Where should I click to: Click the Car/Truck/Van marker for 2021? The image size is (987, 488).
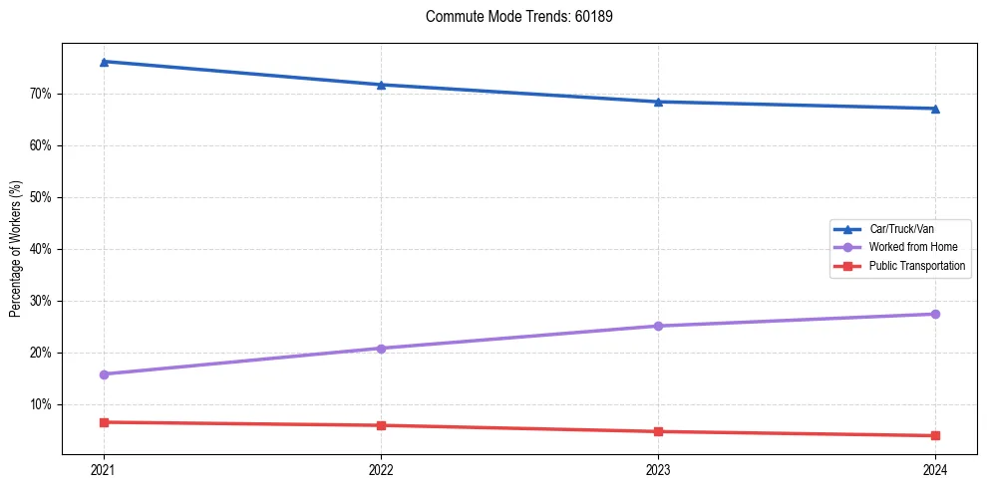click(104, 62)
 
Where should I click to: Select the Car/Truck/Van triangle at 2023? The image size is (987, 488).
click(658, 102)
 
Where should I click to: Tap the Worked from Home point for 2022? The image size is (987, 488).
click(381, 349)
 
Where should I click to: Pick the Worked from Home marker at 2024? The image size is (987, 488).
click(935, 315)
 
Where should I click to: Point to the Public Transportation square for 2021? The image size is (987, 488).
click(104, 422)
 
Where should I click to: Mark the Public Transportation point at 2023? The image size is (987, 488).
click(658, 431)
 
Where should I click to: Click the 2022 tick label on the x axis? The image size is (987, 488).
click(381, 469)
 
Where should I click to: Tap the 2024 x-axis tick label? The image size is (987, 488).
click(935, 469)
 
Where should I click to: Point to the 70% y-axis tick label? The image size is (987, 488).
click(40, 94)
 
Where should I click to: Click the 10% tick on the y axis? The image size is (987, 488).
click(40, 404)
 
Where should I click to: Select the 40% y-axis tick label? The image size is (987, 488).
click(40, 249)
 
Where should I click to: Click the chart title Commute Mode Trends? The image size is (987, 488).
click(511, 17)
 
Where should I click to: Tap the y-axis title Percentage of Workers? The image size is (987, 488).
click(16, 249)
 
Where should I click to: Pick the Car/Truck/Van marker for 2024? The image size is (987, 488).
click(935, 109)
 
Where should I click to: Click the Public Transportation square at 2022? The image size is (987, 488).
click(381, 425)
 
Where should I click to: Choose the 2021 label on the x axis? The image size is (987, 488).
click(104, 469)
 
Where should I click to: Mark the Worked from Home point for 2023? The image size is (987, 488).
click(658, 326)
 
